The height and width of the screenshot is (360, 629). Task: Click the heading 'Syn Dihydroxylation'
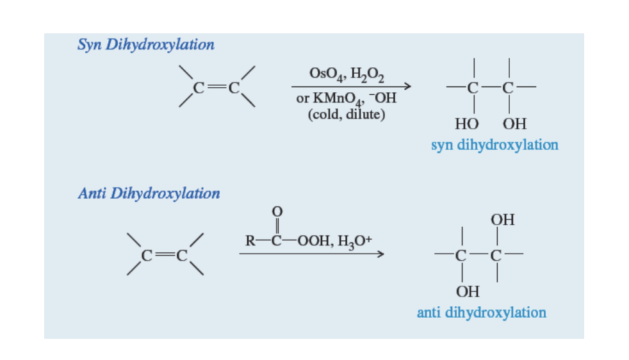(x=146, y=45)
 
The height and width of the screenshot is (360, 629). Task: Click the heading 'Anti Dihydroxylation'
(x=149, y=193)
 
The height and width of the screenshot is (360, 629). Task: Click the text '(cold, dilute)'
(x=346, y=115)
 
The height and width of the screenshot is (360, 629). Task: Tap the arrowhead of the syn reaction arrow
(x=406, y=86)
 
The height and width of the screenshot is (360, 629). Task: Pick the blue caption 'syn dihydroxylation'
(x=494, y=145)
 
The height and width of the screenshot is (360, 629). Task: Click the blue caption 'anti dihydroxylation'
(x=481, y=313)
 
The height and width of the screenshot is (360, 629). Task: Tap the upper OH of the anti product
(x=502, y=220)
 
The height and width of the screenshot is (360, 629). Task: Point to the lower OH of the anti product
(x=468, y=291)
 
